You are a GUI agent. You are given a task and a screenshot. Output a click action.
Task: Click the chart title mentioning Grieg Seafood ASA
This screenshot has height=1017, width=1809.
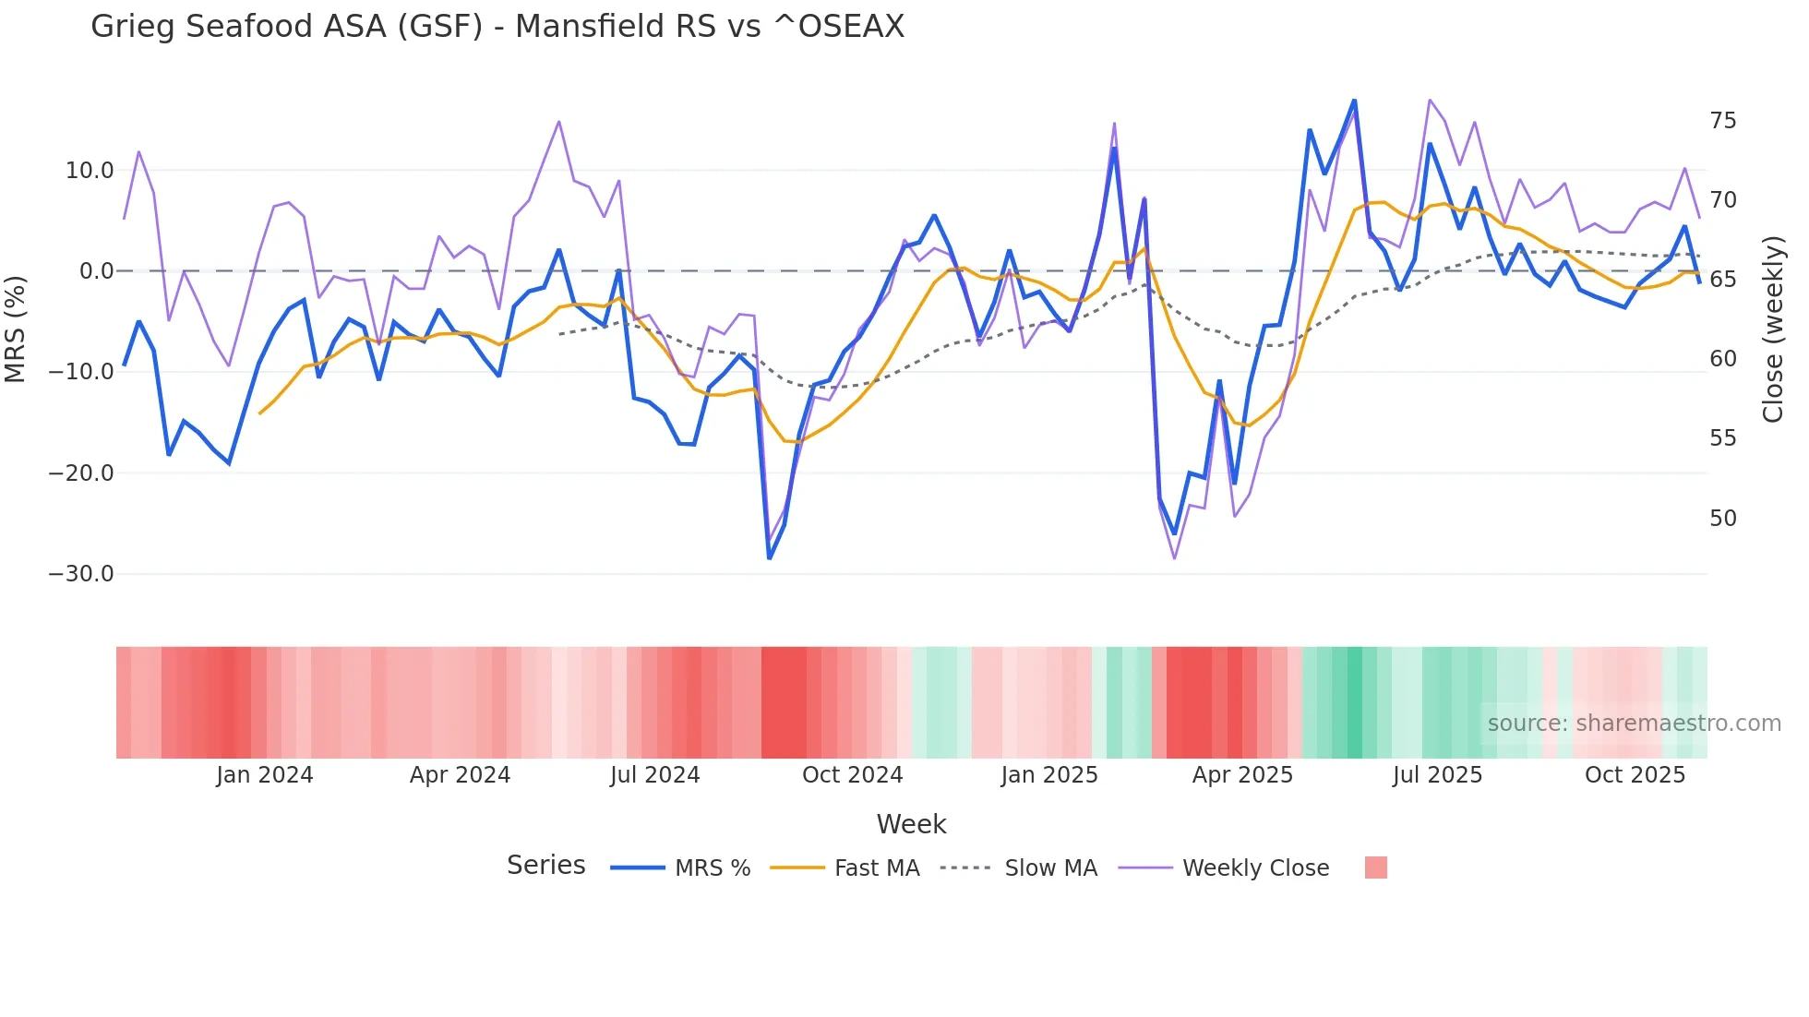[x=497, y=27]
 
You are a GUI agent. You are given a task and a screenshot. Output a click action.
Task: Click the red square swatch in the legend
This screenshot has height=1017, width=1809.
[x=1375, y=867]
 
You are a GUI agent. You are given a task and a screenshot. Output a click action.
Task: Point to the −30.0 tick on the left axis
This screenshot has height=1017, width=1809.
[x=81, y=574]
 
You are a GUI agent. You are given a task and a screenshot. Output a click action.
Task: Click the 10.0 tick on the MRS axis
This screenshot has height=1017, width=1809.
[x=90, y=171]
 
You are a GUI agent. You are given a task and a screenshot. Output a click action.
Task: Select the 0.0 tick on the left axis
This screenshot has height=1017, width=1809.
[x=96, y=271]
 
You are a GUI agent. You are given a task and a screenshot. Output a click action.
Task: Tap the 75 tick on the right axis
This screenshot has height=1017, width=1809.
[x=1722, y=121]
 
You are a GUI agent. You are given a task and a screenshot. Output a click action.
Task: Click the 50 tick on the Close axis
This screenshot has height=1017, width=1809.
[x=1722, y=519]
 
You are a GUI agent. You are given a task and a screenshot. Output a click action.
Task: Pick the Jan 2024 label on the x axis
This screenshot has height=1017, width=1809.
[x=265, y=775]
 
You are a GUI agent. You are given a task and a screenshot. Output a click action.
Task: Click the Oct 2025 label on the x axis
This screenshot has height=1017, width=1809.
[x=1635, y=775]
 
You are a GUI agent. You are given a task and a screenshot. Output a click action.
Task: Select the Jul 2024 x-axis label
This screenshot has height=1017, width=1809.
[x=654, y=775]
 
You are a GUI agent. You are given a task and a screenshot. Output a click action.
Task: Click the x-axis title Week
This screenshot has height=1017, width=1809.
[x=911, y=824]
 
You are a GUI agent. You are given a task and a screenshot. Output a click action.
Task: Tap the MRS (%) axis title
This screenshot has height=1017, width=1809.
[x=16, y=329]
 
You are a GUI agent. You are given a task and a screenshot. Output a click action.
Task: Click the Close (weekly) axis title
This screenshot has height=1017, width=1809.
[x=1773, y=329]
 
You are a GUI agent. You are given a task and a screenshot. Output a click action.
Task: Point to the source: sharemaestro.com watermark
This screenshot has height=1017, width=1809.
[x=1634, y=724]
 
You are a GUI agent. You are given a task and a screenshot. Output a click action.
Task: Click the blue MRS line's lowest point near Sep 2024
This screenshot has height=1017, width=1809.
[x=770, y=557]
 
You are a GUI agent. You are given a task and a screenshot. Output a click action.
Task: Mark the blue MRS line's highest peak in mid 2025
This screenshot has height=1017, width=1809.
[x=1354, y=100]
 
